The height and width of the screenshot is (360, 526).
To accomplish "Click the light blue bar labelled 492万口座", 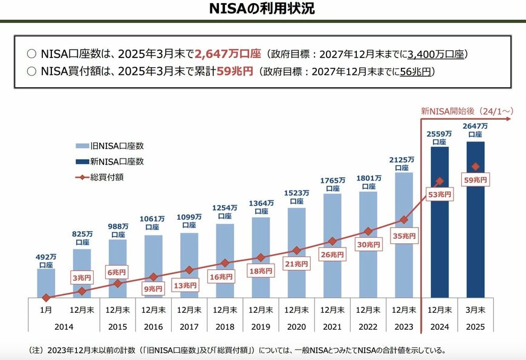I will (x=46, y=283).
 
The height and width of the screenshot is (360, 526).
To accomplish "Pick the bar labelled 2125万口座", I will (x=403, y=242).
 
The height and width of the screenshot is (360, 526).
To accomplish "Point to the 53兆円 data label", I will (x=440, y=195).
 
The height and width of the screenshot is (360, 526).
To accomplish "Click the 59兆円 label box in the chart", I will (x=475, y=180).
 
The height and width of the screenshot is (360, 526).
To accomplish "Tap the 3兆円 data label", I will (x=82, y=278).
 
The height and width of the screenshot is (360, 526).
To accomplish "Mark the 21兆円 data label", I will (x=296, y=264).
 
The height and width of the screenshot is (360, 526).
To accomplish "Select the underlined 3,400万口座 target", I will (x=436, y=54).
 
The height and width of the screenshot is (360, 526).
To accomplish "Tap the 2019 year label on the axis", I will (x=261, y=326).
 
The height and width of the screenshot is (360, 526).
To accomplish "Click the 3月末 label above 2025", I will (x=475, y=310).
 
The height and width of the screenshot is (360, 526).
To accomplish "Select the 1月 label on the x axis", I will (x=46, y=310).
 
